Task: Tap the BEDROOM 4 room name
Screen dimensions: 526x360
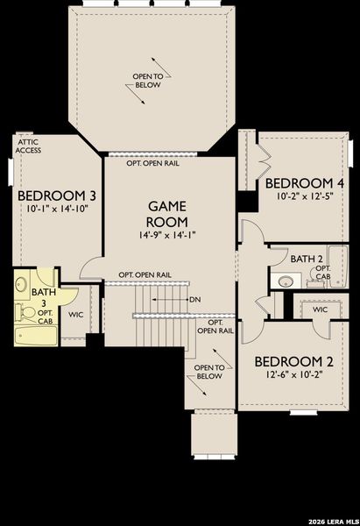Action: click(x=304, y=182)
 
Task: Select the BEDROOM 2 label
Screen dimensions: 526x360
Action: click(x=293, y=361)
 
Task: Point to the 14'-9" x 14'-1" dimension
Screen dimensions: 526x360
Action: click(x=166, y=236)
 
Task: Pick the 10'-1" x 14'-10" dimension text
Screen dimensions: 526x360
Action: click(x=58, y=210)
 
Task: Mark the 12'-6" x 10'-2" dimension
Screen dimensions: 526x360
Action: click(x=293, y=375)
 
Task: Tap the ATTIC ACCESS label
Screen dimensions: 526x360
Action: click(x=28, y=145)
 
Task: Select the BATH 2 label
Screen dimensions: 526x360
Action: click(x=306, y=259)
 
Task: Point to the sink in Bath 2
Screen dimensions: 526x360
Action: click(x=285, y=281)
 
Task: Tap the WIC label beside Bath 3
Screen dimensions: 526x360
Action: click(x=76, y=314)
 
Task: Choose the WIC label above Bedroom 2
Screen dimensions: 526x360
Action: click(x=320, y=309)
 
